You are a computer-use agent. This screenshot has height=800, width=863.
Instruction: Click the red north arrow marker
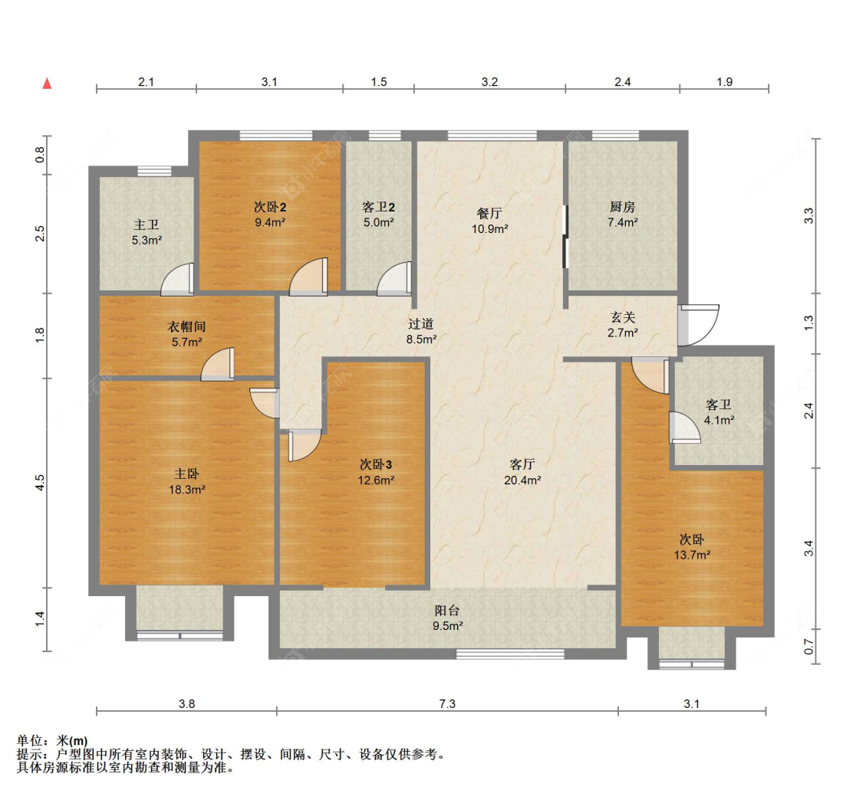tap(48, 84)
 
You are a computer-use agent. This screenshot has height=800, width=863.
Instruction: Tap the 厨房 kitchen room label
tap(622, 208)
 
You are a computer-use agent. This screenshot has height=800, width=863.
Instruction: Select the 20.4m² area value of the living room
tap(522, 480)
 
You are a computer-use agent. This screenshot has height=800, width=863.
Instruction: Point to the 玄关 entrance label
tap(622, 317)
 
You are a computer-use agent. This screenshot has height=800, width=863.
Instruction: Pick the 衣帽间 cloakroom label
tap(186, 326)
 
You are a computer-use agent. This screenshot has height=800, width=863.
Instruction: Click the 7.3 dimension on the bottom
tap(447, 703)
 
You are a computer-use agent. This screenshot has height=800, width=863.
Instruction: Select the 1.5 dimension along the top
tap(379, 82)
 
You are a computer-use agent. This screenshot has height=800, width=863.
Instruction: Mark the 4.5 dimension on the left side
tap(39, 483)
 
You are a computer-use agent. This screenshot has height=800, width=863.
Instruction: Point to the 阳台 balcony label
tap(447, 610)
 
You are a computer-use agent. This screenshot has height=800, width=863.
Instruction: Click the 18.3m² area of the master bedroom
tap(187, 490)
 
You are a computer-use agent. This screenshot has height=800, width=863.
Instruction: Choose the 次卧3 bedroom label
tap(376, 464)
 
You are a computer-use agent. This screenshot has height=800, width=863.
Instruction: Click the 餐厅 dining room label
tap(489, 213)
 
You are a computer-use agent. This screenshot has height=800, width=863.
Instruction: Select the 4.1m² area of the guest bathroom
tap(719, 420)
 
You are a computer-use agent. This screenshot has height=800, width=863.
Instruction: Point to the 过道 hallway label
tap(421, 324)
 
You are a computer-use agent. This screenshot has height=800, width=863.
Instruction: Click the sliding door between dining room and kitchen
tap(565, 237)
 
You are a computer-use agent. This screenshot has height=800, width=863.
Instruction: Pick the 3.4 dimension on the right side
tap(809, 548)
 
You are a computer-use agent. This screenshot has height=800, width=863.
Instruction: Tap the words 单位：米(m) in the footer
tap(52, 741)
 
